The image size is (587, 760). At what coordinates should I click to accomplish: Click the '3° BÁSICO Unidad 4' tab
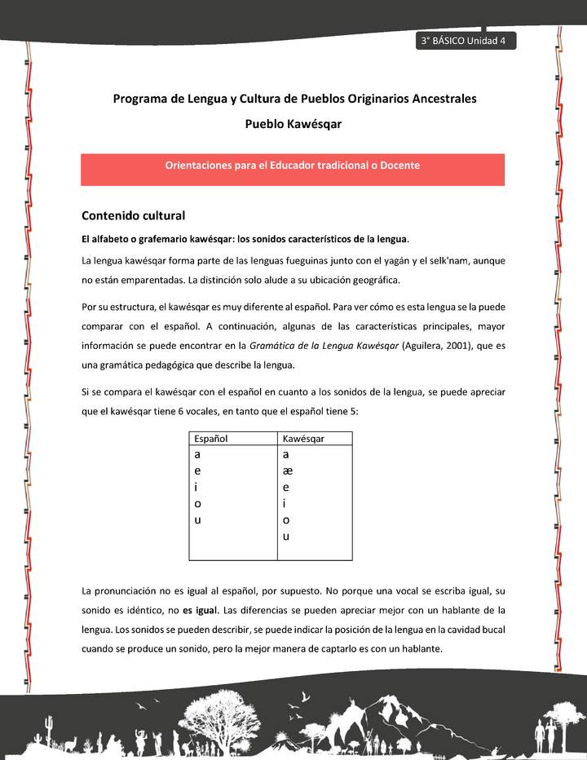pos(463,42)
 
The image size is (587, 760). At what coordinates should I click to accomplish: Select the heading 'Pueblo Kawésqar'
pos(293,124)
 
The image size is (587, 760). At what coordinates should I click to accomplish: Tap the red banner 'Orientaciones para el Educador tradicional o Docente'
pos(292,166)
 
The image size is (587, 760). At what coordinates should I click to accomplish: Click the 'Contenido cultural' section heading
pos(133,216)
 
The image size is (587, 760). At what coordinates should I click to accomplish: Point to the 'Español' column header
pos(211,439)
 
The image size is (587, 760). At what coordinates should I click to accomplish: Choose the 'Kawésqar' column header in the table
pos(303,439)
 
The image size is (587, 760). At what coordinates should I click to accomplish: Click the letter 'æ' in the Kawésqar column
pos(287,471)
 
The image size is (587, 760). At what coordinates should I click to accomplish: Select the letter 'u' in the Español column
pos(198,519)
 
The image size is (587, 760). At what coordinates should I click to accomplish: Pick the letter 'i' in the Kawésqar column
pos(284,503)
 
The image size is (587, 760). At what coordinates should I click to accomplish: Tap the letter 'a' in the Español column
pos(198,455)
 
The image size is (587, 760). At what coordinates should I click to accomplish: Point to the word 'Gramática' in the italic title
pos(272,346)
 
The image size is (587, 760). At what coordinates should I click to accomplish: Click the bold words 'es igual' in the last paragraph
pos(200,610)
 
